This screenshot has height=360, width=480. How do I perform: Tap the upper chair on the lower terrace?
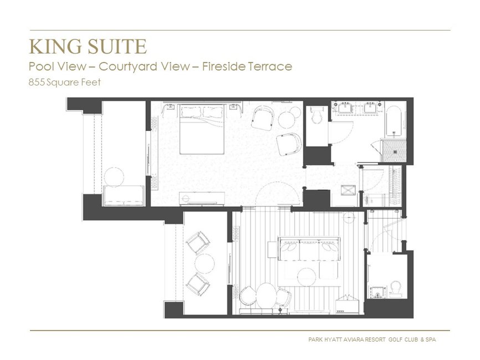[197, 242]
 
